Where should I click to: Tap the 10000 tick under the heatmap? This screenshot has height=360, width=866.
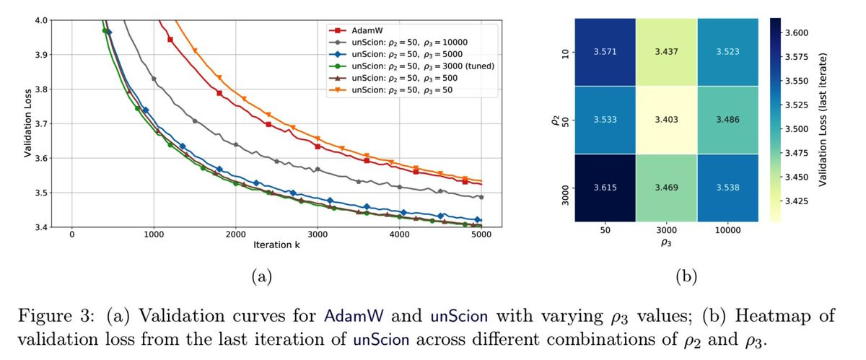coord(727,233)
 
